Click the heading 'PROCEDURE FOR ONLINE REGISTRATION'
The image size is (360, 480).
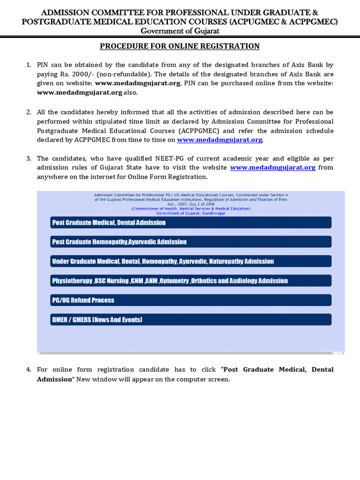tap(180, 46)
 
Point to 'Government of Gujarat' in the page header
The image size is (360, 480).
tap(180, 31)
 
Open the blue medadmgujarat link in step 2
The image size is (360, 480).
tap(219, 140)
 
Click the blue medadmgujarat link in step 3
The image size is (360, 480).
tap(272, 167)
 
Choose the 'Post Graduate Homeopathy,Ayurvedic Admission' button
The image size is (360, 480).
tap(191, 242)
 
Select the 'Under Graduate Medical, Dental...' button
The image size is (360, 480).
tap(191, 261)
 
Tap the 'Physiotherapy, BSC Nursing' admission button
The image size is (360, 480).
tap(191, 281)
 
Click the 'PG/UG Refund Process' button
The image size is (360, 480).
tap(191, 300)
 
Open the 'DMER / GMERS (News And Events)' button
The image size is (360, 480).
tap(191, 320)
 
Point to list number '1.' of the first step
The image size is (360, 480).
tap(29, 65)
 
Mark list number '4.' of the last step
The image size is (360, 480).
tap(29, 370)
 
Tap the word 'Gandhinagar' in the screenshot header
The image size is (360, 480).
tap(212, 213)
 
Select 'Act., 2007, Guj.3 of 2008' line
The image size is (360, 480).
tap(191, 204)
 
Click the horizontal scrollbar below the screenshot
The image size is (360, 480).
tap(191, 352)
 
